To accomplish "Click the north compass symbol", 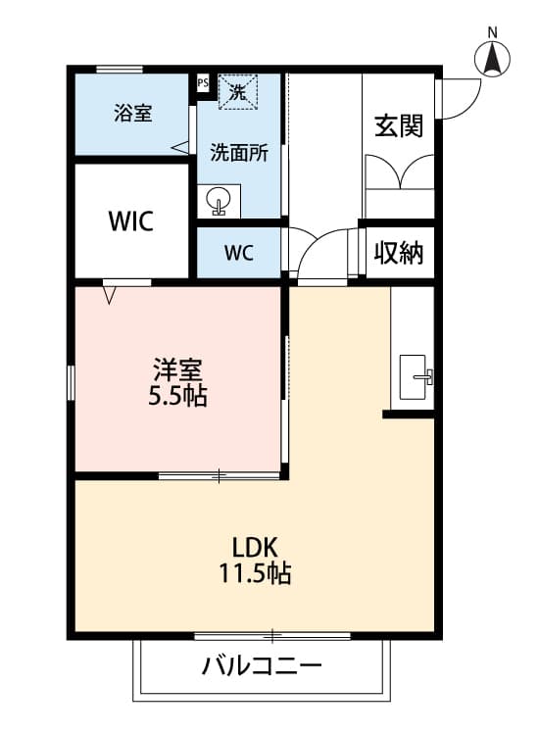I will click(x=493, y=60).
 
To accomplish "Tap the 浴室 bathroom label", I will click(x=132, y=113).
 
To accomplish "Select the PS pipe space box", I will click(x=203, y=83).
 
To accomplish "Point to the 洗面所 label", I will click(x=239, y=153).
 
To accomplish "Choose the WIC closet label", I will click(x=130, y=221).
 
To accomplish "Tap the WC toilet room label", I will click(x=239, y=253).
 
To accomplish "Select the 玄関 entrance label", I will click(x=399, y=125).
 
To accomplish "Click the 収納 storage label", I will click(x=399, y=253).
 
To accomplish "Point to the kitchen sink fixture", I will click(x=416, y=375).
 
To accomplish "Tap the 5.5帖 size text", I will click(x=177, y=398).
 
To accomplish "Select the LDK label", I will click(x=254, y=546).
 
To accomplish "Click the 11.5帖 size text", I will click(x=254, y=574).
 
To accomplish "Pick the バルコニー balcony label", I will click(x=262, y=668).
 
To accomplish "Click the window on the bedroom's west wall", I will click(x=71, y=382).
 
